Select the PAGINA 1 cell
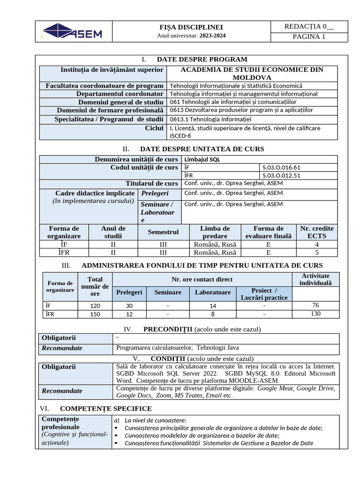309,37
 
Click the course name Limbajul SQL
202,159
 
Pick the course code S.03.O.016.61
281,167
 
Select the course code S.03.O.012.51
281,175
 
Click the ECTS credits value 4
317,244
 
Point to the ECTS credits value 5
317,253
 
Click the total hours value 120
95,306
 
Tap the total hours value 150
95,314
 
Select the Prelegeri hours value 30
129,306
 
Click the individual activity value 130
315,314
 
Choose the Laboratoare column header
213,292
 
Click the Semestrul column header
163,232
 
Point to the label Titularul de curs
151,183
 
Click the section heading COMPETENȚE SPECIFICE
106,409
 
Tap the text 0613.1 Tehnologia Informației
210,119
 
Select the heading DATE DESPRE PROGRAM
202,59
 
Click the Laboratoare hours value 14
213,306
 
